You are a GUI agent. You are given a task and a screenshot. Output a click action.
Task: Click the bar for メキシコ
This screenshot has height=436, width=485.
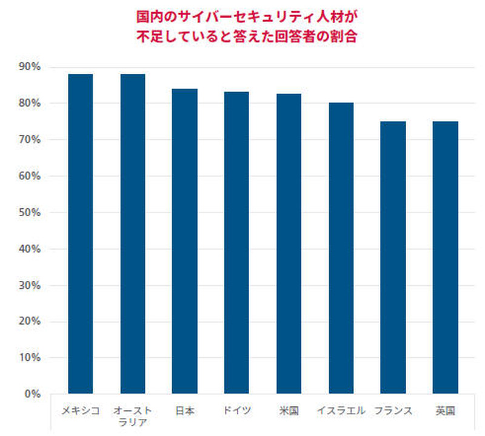pyautogui.click(x=81, y=234)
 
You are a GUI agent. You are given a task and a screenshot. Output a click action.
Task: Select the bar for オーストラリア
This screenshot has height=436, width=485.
pyautogui.click(x=133, y=234)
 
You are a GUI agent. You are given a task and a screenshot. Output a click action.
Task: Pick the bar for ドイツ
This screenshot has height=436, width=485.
pyautogui.click(x=236, y=243)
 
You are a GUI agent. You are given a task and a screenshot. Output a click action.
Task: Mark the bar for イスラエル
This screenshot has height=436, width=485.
pyautogui.click(x=341, y=248)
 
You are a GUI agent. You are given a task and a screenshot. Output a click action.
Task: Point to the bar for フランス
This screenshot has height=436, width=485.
pyautogui.click(x=393, y=257)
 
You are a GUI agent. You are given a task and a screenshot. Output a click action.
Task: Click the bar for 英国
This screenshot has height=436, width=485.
pyautogui.click(x=446, y=257)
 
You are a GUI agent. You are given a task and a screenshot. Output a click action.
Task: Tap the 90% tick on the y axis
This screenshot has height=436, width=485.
pyautogui.click(x=28, y=67)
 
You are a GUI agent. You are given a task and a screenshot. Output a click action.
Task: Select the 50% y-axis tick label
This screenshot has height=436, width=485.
pyautogui.click(x=28, y=213)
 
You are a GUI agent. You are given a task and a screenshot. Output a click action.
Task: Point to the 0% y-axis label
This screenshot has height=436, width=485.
pyautogui.click(x=31, y=394)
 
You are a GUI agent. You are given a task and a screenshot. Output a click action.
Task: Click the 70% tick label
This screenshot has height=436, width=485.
pyautogui.click(x=28, y=140)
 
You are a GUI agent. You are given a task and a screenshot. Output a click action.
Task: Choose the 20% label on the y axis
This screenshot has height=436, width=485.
pyautogui.click(x=28, y=322)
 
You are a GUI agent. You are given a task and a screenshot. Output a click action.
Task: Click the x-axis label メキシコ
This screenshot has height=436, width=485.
pyautogui.click(x=81, y=411)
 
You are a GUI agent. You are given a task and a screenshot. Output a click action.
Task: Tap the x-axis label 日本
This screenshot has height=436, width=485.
pyautogui.click(x=184, y=411)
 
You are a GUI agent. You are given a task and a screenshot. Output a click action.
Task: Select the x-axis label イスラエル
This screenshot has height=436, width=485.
pyautogui.click(x=341, y=411)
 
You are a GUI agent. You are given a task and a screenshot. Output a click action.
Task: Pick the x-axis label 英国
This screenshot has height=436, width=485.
pyautogui.click(x=446, y=411)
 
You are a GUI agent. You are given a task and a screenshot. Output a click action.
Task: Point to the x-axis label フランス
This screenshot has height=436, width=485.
pyautogui.click(x=393, y=411)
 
